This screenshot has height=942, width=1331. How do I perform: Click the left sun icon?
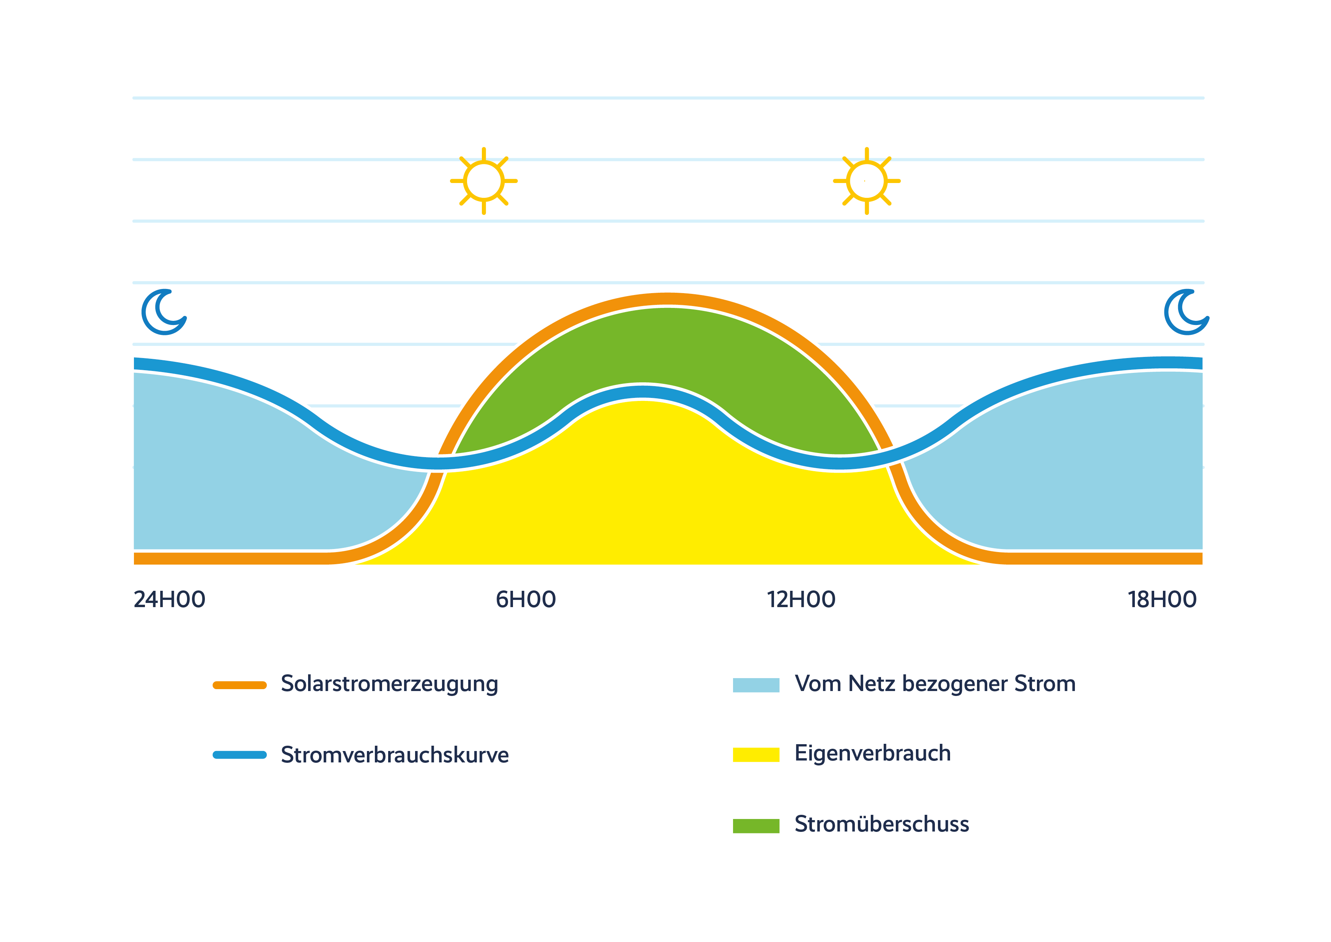point(483,181)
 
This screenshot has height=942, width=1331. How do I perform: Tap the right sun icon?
point(867,181)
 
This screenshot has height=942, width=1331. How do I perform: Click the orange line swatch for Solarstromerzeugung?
point(239,685)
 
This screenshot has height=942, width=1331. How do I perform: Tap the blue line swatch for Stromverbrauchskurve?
point(239,755)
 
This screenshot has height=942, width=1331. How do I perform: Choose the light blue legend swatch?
point(756,685)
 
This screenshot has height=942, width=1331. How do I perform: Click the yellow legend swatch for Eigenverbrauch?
point(756,755)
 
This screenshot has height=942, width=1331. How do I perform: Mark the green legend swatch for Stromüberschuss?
point(756,826)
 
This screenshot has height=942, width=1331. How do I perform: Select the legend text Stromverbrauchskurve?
point(395,755)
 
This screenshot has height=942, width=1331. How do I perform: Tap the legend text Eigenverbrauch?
point(872,753)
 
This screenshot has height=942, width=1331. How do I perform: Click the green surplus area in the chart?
point(667,348)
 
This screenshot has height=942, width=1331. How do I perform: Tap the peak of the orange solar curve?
point(667,299)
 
